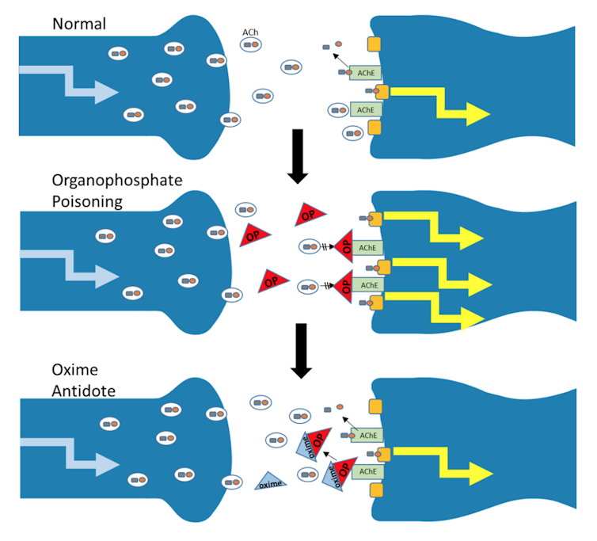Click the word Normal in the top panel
(79, 23)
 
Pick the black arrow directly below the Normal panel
(298, 154)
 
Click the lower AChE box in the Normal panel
(365, 109)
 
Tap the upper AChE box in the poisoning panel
(367, 247)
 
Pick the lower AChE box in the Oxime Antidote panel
(367, 471)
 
